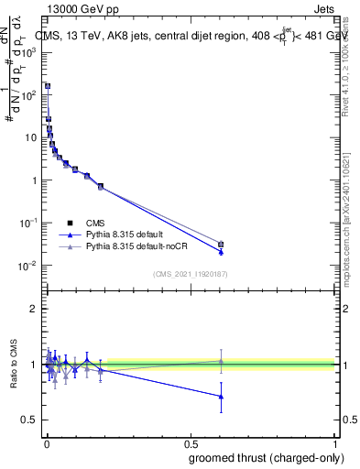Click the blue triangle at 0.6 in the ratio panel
tap(221, 397)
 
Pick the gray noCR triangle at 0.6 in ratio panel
tap(221, 361)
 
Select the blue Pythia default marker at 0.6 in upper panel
tap(221, 252)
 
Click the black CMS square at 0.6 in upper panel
tap(221, 244)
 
